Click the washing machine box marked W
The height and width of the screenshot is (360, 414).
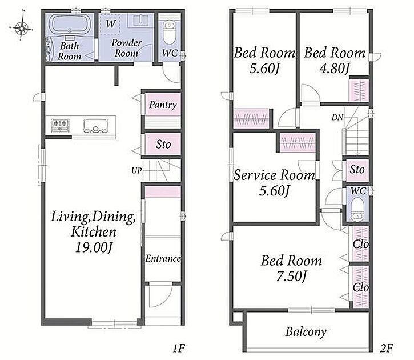(110, 24)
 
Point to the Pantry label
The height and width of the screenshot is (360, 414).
(163, 105)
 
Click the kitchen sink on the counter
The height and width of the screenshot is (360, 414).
(95, 126)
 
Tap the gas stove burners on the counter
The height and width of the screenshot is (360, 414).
(61, 125)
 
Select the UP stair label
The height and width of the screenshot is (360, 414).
(137, 171)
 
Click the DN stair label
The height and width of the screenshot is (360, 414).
(337, 117)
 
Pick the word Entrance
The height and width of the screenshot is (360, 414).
(163, 259)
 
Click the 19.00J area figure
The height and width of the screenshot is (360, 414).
(94, 248)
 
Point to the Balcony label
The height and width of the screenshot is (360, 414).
(306, 332)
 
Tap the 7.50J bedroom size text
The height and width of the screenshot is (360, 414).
(291, 277)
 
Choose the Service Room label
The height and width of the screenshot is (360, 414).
(274, 175)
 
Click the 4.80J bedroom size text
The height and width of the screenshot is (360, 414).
(335, 69)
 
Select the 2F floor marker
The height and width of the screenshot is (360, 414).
(387, 349)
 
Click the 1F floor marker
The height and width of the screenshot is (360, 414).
(179, 349)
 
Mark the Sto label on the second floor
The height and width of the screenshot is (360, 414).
(357, 170)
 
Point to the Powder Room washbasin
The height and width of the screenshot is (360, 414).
(140, 21)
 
